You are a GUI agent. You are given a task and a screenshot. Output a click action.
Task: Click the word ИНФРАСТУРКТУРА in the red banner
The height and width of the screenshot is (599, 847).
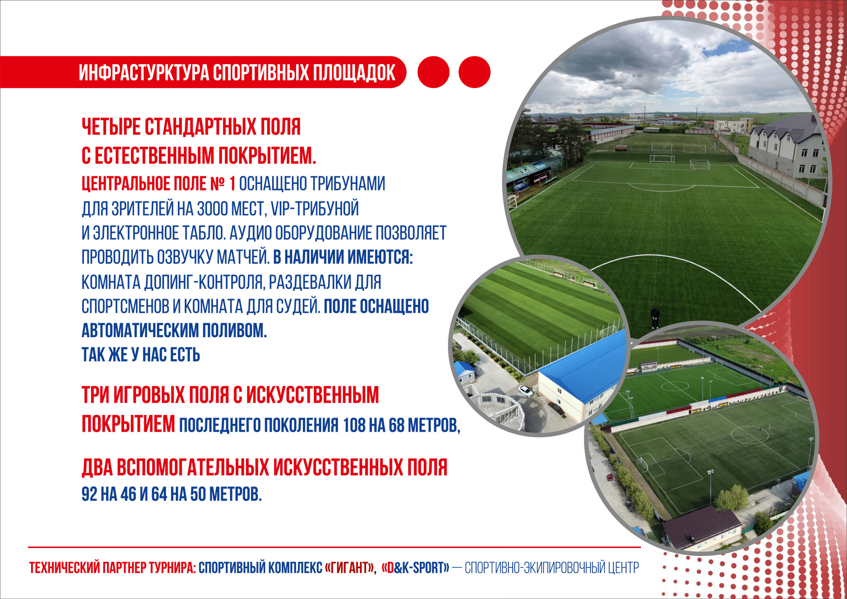click(144, 72)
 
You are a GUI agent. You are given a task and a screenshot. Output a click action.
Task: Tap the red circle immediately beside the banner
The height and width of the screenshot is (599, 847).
click(433, 72)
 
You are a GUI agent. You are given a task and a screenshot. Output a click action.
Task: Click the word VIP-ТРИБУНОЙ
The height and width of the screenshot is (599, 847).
click(315, 209)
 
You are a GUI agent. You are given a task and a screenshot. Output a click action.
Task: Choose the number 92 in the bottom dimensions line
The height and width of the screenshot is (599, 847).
click(89, 494)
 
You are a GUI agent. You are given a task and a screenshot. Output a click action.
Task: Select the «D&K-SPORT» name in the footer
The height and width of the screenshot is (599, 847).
click(415, 568)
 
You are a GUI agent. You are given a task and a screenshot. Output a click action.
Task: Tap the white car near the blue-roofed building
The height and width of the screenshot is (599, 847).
click(527, 391)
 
